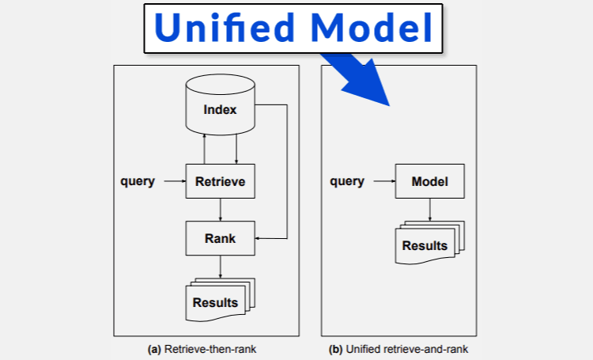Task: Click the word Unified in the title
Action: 225,28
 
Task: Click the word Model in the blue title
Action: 372,28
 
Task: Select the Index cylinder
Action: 220,104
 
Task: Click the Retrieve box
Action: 220,181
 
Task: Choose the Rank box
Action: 220,238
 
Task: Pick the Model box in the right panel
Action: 429,181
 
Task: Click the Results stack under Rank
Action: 220,300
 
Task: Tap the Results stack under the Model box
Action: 429,243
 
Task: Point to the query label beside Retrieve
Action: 138,181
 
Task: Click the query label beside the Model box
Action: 347,181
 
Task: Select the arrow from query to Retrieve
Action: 175,181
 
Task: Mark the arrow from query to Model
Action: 384,181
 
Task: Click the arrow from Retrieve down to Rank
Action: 220,210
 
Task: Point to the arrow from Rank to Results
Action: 220,267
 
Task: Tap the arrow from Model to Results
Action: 429,210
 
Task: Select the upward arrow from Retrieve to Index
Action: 204,150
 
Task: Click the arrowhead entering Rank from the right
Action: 258,238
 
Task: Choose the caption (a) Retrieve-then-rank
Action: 202,349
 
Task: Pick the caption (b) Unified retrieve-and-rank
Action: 398,349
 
